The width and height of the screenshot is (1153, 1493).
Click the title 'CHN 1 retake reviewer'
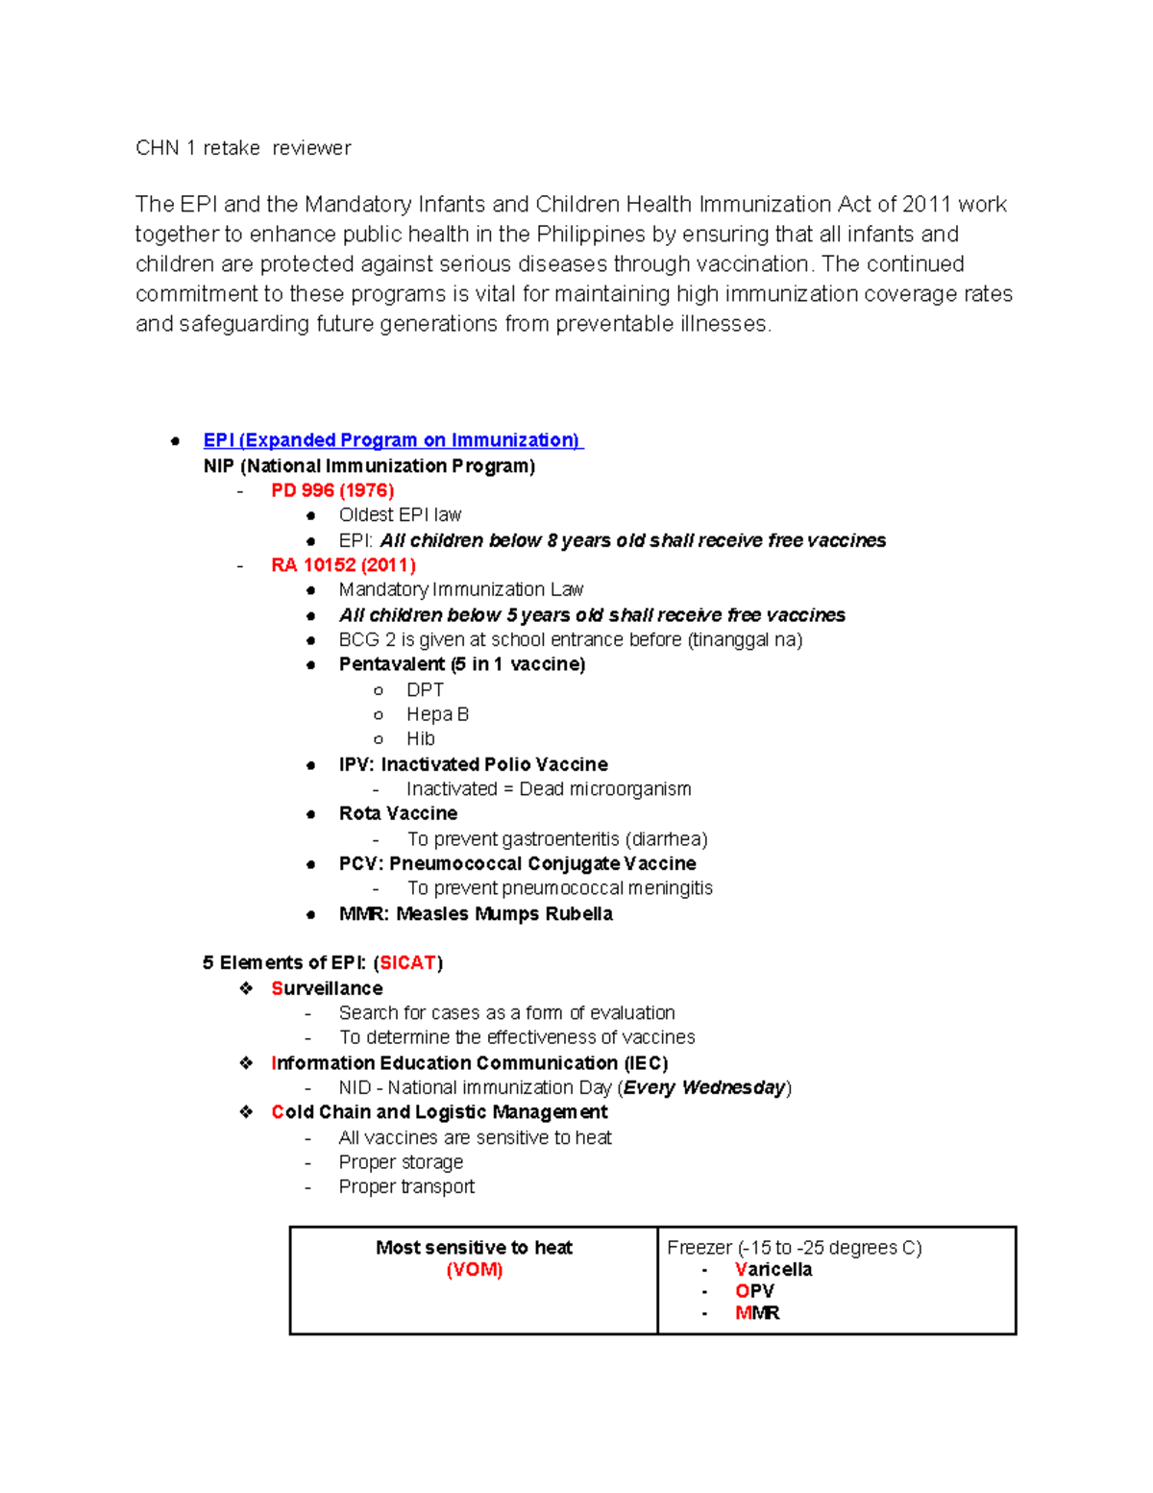click(243, 148)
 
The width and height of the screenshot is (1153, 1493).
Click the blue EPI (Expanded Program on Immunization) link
click(392, 440)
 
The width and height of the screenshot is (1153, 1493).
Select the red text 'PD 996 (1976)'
click(332, 490)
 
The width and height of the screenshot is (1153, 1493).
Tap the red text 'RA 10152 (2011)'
click(343, 565)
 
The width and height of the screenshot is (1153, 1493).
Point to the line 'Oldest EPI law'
click(400, 515)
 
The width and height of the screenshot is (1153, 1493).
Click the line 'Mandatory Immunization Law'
click(460, 589)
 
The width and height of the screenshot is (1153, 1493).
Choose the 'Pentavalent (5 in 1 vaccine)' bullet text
click(461, 664)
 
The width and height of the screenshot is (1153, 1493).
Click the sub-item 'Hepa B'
click(437, 714)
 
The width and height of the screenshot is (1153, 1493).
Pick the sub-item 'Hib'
click(420, 739)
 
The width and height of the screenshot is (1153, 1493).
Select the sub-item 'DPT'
click(425, 690)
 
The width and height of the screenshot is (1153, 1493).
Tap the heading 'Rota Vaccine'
click(398, 813)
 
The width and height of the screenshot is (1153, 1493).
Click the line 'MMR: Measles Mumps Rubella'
click(476, 913)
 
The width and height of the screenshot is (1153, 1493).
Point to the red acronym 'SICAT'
click(408, 963)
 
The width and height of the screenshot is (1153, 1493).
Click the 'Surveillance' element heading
click(327, 988)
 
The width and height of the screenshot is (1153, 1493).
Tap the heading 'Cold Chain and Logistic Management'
click(439, 1112)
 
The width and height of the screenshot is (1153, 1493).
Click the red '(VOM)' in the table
click(474, 1270)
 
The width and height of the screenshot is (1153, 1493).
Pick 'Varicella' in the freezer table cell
click(773, 1270)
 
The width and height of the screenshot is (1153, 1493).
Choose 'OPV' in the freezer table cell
click(754, 1291)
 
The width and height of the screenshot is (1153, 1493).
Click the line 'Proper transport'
click(406, 1187)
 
